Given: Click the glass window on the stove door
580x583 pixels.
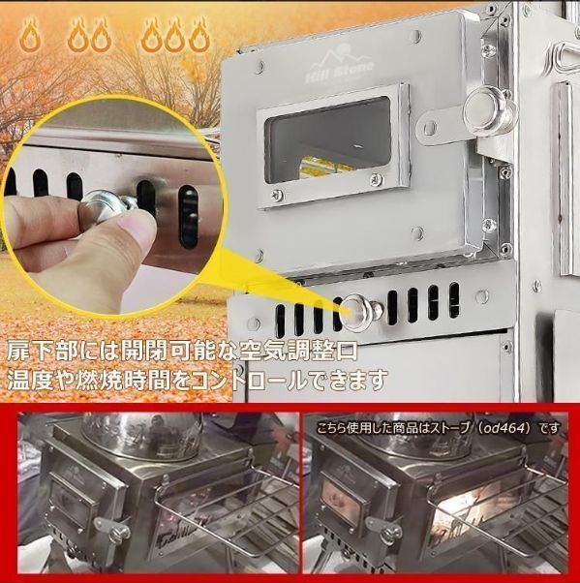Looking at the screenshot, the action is (328, 140).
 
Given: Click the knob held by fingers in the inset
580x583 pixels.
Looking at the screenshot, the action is (107, 209).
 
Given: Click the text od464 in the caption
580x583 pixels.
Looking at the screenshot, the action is (508, 429).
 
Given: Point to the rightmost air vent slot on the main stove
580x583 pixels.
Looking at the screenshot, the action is (454, 300).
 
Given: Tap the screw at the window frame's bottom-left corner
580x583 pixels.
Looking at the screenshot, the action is (276, 194).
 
